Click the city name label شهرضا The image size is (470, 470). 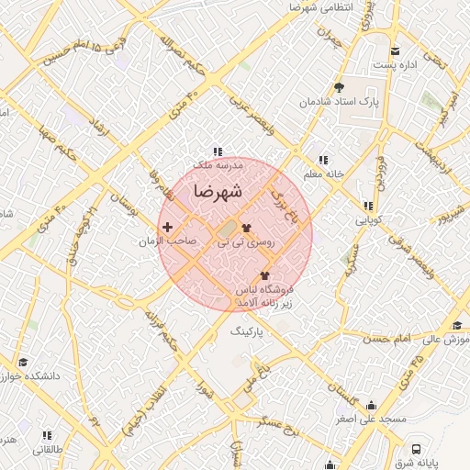[x=218, y=192]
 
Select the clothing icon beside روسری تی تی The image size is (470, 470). [x=246, y=228]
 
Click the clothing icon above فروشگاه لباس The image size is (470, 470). [x=265, y=275]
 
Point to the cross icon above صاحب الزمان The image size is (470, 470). [x=166, y=227]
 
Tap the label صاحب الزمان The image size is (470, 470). [x=167, y=241]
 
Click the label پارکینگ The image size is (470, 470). [x=245, y=327]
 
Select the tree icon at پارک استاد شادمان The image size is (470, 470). [x=340, y=87]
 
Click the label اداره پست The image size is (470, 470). [x=397, y=66]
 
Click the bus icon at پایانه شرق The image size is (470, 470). [x=417, y=450]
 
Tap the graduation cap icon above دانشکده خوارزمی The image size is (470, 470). [x=22, y=362]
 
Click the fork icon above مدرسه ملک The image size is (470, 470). [x=218, y=151]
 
